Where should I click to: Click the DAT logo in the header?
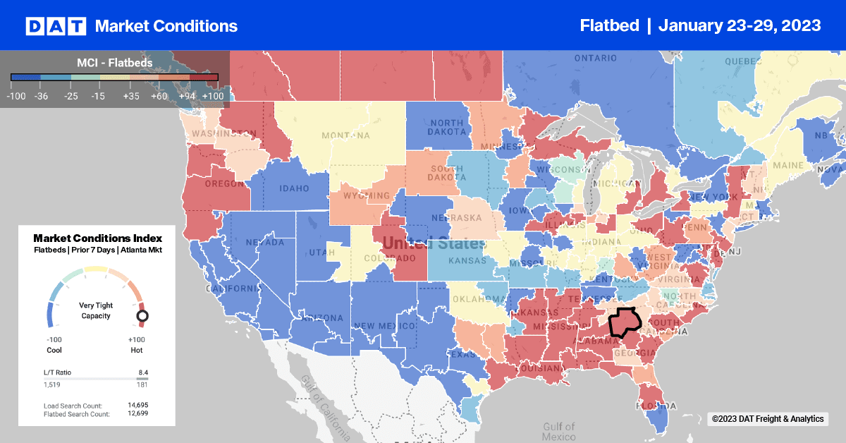(x=56, y=26)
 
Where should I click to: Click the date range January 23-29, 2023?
(x=740, y=25)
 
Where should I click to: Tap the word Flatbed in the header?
(x=608, y=25)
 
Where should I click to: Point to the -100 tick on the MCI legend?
(x=17, y=95)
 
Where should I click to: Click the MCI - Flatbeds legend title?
(x=114, y=62)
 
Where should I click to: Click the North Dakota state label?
(x=446, y=126)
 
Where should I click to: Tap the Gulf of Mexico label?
(x=559, y=431)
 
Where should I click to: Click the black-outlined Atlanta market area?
(x=623, y=322)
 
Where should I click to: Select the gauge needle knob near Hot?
(x=142, y=316)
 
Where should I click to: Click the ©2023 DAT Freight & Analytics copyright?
(x=768, y=419)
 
